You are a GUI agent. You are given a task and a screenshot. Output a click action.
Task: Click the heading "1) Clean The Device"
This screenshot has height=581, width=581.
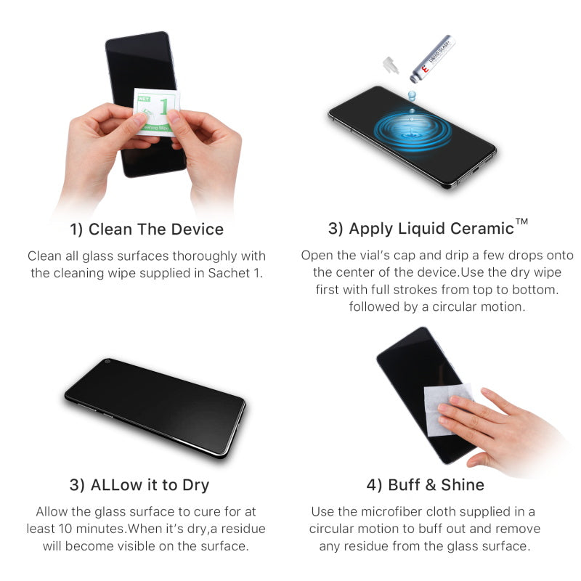pyautogui.click(x=147, y=229)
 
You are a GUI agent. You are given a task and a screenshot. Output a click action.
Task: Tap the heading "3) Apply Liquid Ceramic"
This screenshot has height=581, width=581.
pyautogui.click(x=420, y=229)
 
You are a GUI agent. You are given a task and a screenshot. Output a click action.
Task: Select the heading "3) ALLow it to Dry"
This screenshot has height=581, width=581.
pyautogui.click(x=139, y=484)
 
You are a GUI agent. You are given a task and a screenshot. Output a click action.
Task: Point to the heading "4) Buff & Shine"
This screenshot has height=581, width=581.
pyautogui.click(x=426, y=484)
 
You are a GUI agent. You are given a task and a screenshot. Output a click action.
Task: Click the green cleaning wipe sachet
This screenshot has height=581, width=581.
pyautogui.click(x=155, y=111)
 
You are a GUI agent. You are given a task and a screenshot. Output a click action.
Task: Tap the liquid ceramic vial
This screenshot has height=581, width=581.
pyautogui.click(x=433, y=58)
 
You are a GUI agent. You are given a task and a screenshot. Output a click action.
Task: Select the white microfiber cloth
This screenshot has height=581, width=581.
pyautogui.click(x=445, y=408)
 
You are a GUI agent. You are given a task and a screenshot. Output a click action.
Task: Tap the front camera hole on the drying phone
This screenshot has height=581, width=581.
pyautogui.click(x=107, y=362)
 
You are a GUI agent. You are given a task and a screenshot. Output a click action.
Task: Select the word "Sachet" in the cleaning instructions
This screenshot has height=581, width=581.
pyautogui.click(x=234, y=273)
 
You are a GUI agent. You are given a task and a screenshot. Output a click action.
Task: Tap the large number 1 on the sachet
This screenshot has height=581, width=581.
pyautogui.click(x=166, y=106)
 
